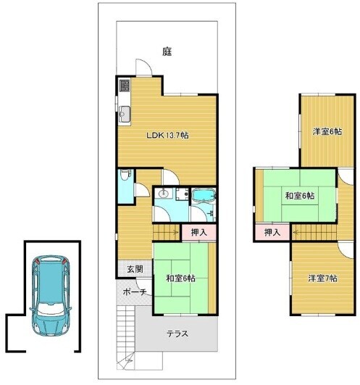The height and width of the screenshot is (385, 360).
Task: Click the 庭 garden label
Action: pos(167,51)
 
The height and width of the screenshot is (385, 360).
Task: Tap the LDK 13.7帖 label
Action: pos(167,136)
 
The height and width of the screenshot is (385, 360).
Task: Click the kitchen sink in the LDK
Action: pos(125,114)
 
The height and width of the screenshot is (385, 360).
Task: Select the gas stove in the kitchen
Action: pos(125,86)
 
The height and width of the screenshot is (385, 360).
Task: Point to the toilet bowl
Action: pos(125,175)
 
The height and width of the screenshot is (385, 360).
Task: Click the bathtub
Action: pos(204,196)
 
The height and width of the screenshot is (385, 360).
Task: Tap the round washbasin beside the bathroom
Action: pos(163,194)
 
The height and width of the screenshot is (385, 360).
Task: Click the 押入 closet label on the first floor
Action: pos(199,232)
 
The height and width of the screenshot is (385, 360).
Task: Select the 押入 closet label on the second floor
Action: pos(272,232)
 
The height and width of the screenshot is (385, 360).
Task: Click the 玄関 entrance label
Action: pos(135,269)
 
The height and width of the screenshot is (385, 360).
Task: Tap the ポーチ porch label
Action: pos(135,292)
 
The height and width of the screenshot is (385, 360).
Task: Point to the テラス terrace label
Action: pos(177,334)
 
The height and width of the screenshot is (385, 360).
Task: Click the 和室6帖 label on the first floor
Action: pos(181,278)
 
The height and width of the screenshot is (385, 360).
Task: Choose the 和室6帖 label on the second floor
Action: pos(300,196)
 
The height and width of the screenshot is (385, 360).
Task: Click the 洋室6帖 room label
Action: pos(327,132)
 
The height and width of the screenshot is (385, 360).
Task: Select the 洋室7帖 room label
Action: pos(323,278)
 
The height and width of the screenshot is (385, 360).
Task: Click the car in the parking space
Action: pos(51,295)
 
